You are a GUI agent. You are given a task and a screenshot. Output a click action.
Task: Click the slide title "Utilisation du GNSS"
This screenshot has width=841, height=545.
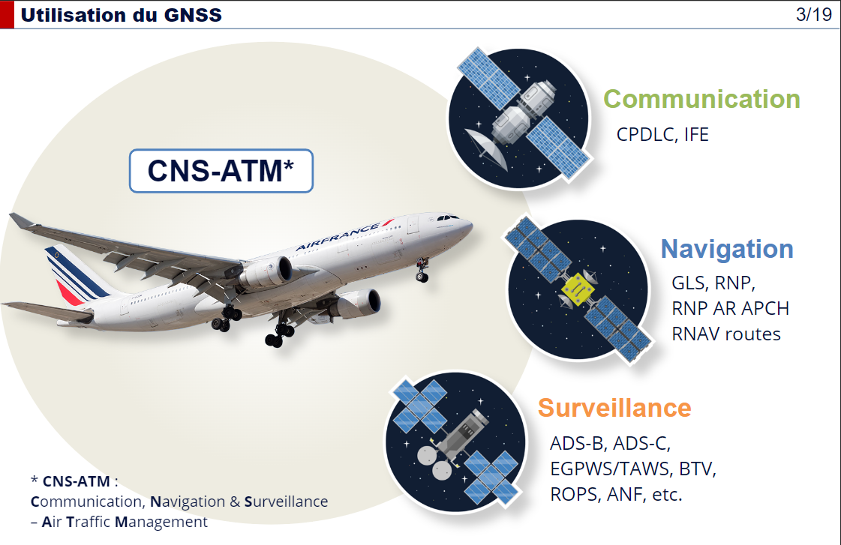coord(122,15)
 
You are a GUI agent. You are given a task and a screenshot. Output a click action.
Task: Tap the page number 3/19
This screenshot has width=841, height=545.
coord(814,14)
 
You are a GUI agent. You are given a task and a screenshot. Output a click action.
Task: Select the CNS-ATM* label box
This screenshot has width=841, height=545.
coord(221,171)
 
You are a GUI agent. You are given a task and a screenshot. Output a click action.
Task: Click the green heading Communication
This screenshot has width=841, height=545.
coord(701,99)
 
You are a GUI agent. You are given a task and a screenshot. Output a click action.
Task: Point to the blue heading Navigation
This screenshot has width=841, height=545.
coord(727,249)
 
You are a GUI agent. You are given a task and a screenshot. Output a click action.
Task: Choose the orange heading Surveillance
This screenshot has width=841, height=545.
coord(614,408)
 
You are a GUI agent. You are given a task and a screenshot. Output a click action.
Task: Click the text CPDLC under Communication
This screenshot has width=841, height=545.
coord(646,134)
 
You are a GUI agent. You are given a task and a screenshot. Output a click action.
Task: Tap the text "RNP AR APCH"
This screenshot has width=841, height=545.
coord(731,308)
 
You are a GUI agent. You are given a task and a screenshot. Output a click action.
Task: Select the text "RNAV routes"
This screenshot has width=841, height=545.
coord(726,334)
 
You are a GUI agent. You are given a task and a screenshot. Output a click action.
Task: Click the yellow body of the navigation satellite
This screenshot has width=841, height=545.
coord(577,289)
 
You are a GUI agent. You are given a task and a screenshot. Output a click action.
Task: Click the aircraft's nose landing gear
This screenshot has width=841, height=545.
coord(422,270)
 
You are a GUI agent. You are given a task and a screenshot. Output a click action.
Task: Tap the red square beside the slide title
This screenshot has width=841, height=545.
coord(7,14)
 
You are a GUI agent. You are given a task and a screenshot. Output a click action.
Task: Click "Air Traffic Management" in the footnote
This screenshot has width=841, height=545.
coord(125,522)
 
